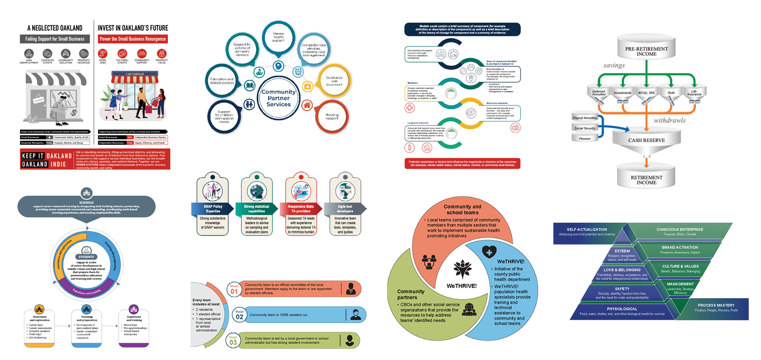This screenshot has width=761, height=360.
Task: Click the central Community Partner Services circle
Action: (279, 98)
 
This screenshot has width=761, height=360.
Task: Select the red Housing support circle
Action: (332, 116)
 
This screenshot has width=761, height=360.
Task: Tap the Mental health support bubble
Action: (279, 37)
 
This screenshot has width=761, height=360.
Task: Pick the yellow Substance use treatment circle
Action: (334, 80)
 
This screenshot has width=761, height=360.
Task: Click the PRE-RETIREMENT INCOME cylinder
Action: (646, 51)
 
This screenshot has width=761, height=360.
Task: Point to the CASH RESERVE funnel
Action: (646, 140)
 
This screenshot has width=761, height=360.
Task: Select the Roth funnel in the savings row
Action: (671, 93)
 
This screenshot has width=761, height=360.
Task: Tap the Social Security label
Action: (585, 128)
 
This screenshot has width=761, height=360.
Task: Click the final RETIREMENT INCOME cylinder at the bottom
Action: (646, 180)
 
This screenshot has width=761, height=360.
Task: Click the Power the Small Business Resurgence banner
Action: (132, 39)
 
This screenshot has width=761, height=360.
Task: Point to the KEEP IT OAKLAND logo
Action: (46, 160)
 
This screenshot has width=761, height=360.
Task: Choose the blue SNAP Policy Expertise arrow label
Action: (213, 209)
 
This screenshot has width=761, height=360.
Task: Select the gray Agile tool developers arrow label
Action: (345, 209)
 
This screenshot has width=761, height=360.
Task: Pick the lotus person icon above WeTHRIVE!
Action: (462, 269)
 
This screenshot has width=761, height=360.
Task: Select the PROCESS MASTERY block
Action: (716, 307)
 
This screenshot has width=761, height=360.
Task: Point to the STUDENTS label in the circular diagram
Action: (86, 257)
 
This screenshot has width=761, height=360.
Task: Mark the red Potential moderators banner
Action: (462, 163)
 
